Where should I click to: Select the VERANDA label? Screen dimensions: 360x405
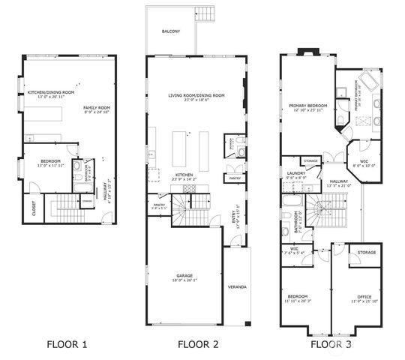pyautogui.click(x=237, y=287)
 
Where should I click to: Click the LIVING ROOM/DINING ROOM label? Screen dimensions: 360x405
pyautogui.click(x=196, y=96)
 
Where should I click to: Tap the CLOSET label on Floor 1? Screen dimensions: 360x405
pyautogui.click(x=34, y=208)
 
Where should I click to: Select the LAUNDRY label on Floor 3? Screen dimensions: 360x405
pyautogui.click(x=294, y=174)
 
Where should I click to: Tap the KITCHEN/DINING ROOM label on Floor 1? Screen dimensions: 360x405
pyautogui.click(x=49, y=92)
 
